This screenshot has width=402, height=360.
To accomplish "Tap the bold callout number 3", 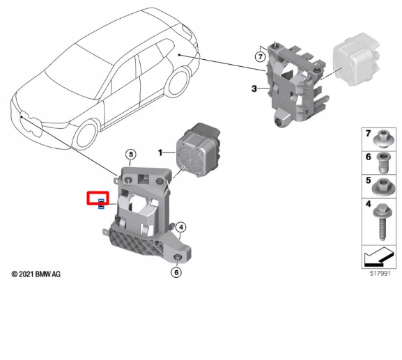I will (x=254, y=88).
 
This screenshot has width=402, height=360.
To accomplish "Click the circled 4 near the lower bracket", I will (x=180, y=227).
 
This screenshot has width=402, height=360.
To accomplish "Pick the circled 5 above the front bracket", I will (x=130, y=154).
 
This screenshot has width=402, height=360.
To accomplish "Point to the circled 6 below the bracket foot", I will (x=176, y=272).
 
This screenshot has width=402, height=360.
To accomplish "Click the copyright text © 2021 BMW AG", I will (x=36, y=274).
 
